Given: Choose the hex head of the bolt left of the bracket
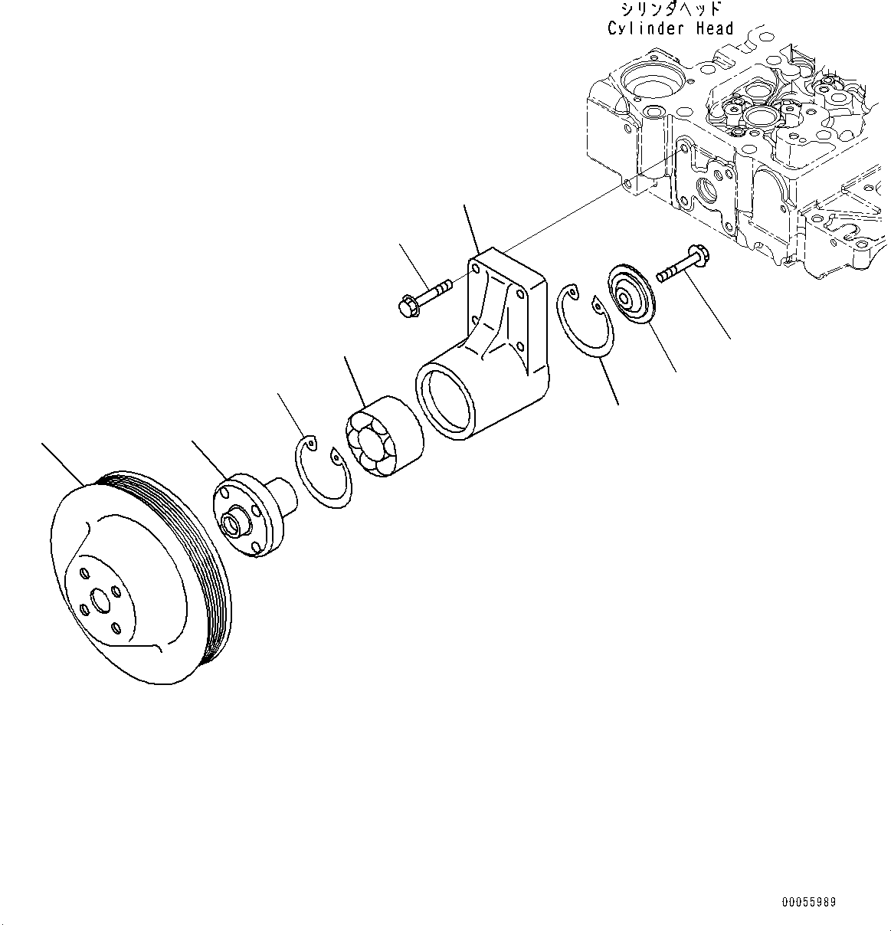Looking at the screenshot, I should (x=407, y=307).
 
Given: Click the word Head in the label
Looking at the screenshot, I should (x=714, y=29).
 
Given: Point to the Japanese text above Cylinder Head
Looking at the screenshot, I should (x=671, y=9).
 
